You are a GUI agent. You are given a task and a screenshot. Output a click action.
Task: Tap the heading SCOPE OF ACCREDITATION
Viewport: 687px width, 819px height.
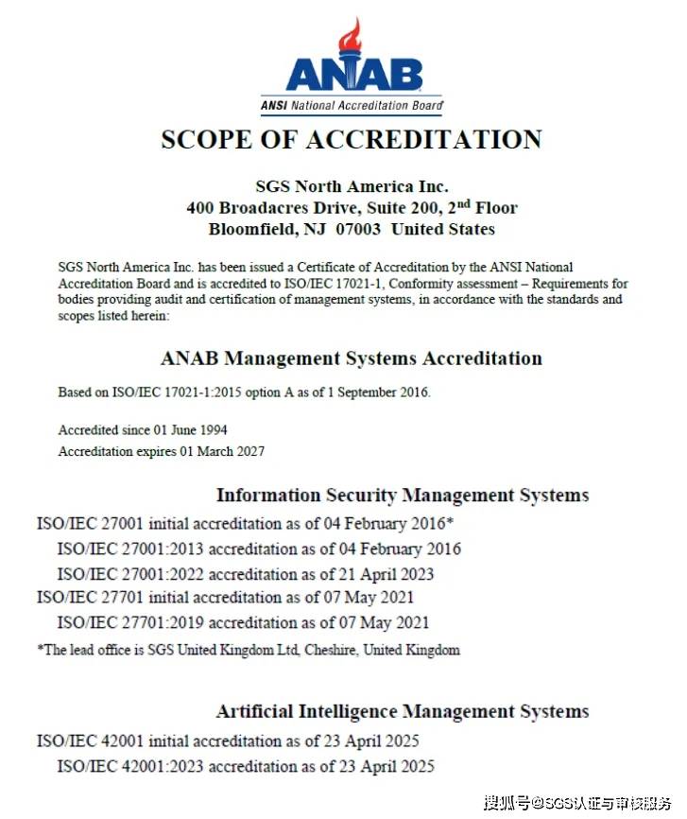(352, 139)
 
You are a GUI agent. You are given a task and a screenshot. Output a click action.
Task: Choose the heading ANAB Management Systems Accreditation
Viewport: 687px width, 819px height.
(352, 358)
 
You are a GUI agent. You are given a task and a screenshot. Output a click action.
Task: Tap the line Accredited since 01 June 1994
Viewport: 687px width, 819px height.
(143, 430)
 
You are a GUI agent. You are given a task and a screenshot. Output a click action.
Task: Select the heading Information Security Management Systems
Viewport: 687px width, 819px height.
(403, 495)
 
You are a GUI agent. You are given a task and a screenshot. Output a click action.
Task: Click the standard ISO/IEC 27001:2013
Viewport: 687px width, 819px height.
(130, 549)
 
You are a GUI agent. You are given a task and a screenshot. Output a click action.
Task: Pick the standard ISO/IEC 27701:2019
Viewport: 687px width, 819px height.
(130, 622)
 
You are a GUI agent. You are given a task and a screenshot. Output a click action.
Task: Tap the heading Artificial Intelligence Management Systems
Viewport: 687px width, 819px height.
(403, 711)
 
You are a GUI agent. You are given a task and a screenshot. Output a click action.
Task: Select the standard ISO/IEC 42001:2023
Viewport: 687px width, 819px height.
(130, 766)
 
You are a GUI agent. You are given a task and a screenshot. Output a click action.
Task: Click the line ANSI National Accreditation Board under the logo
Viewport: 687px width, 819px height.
(352, 106)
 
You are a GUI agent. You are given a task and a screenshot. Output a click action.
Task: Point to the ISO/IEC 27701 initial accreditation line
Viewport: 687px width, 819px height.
(225, 598)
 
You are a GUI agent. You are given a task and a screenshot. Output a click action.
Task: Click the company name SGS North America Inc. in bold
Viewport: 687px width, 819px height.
(352, 186)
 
